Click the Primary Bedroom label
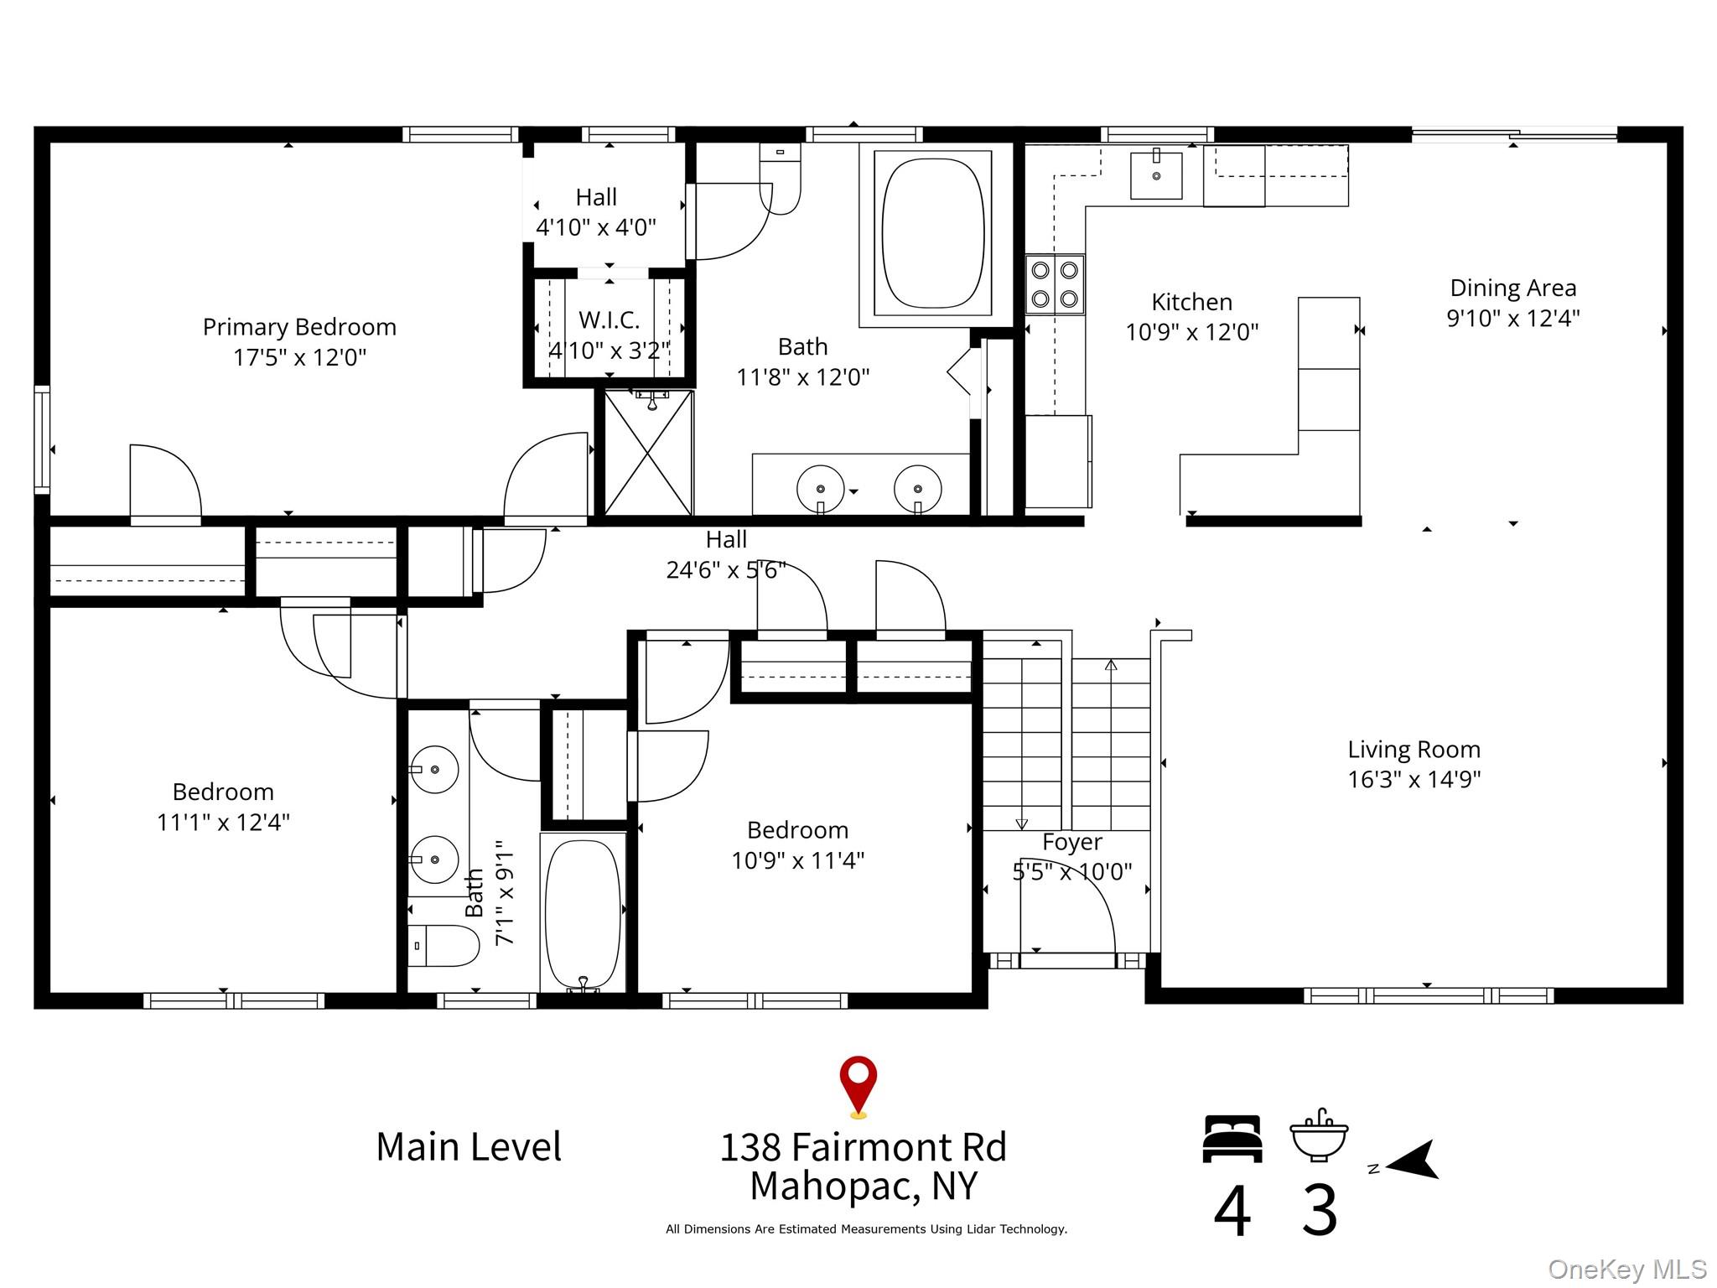[x=299, y=327]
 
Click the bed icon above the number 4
[x=1232, y=1139]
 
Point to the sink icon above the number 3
[x=1320, y=1135]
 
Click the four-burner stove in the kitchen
[x=1055, y=284]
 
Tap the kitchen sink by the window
[x=1156, y=174]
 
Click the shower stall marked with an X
[x=648, y=453]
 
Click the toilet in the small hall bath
[x=443, y=946]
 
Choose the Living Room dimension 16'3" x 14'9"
[x=1414, y=780]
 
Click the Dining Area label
[x=1513, y=288]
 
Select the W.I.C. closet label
[x=610, y=319]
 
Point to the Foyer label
[x=1072, y=842]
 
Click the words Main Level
[x=469, y=1146]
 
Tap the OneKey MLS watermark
[x=1627, y=1270]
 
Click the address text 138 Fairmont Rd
[x=864, y=1147]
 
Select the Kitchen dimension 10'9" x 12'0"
[x=1192, y=332]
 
